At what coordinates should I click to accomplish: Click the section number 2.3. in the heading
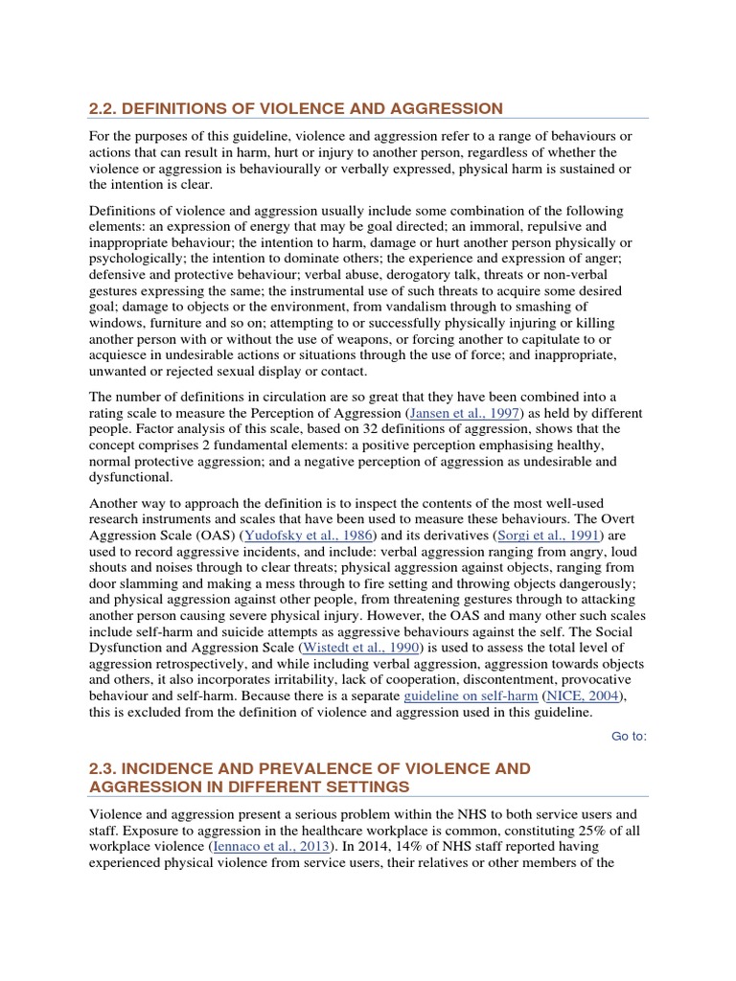(103, 768)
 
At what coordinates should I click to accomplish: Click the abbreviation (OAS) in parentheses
(217, 535)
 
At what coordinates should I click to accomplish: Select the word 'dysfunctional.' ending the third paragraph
(131, 477)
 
